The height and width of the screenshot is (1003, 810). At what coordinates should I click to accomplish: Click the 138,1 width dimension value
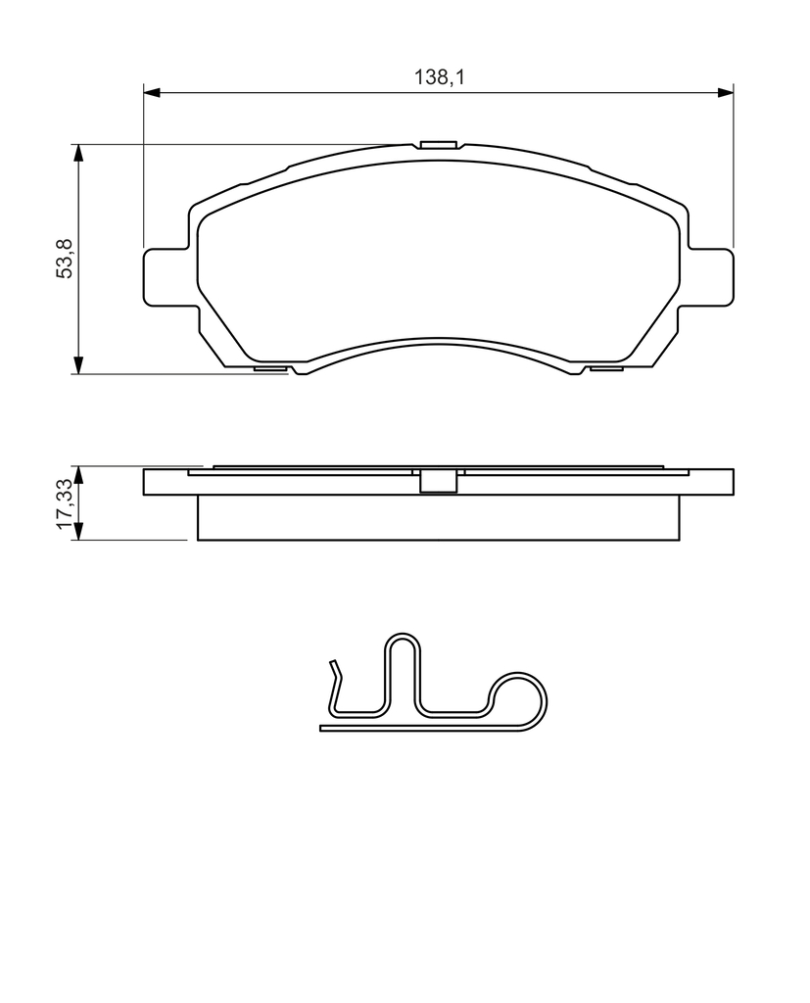pos(438,78)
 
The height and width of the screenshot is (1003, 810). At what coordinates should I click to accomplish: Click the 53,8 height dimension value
pos(66,258)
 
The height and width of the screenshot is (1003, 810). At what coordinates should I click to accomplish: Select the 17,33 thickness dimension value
pos(66,503)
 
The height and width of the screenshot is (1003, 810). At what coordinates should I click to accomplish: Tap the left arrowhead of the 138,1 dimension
pos(151,93)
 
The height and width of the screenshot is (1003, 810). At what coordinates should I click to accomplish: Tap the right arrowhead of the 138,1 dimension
pos(726,93)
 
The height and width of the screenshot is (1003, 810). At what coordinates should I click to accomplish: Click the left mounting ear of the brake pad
pos(167,276)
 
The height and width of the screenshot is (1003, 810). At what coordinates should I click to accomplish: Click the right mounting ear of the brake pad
pos(709,276)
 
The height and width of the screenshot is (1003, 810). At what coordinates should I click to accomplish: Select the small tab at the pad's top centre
pos(438,144)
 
